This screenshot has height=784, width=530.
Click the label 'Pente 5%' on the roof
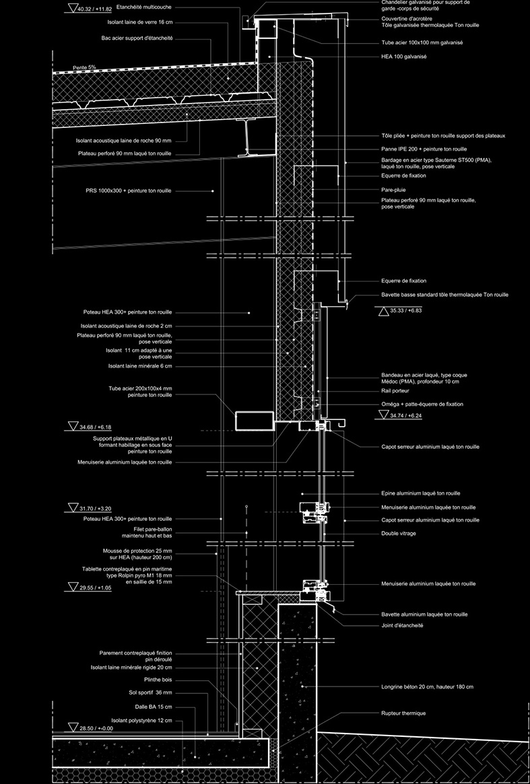pos(84,67)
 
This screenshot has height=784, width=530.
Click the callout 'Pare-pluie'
pos(393,190)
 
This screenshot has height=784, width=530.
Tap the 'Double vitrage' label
pos(399,534)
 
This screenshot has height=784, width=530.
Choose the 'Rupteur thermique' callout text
pos(403,713)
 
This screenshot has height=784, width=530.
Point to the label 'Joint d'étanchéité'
pos(402,625)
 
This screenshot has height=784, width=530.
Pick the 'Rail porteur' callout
pos(395,390)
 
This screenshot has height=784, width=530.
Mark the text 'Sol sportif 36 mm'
pos(151,693)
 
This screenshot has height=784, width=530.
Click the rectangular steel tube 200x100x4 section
pos(255,421)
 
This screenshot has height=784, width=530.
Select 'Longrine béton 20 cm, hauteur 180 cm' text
pos(428,687)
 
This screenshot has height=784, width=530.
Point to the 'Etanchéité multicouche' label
pos(144,7)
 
